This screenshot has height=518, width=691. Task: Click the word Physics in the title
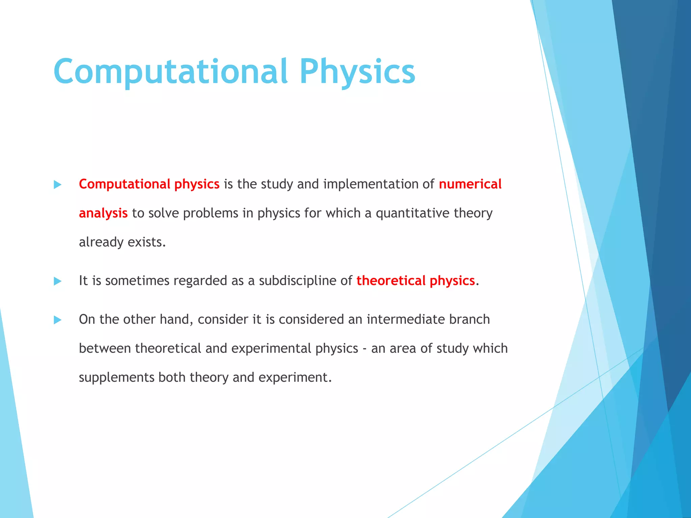357,71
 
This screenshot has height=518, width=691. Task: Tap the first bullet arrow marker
58,184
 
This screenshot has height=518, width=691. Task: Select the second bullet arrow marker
58,281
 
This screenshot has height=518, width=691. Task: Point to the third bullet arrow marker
58,320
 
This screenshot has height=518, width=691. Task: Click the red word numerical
470,184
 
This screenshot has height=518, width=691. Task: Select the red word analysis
103,213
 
